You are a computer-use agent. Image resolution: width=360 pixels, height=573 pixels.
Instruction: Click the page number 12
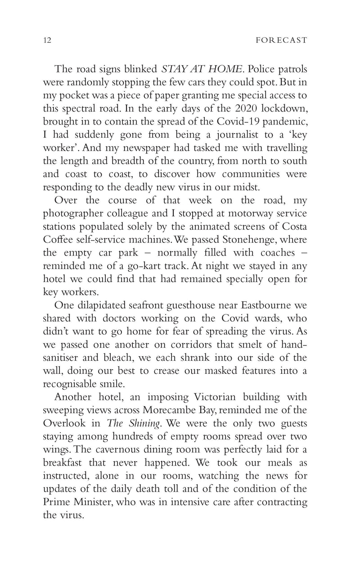47,40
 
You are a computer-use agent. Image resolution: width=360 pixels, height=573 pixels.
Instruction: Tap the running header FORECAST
281,40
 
